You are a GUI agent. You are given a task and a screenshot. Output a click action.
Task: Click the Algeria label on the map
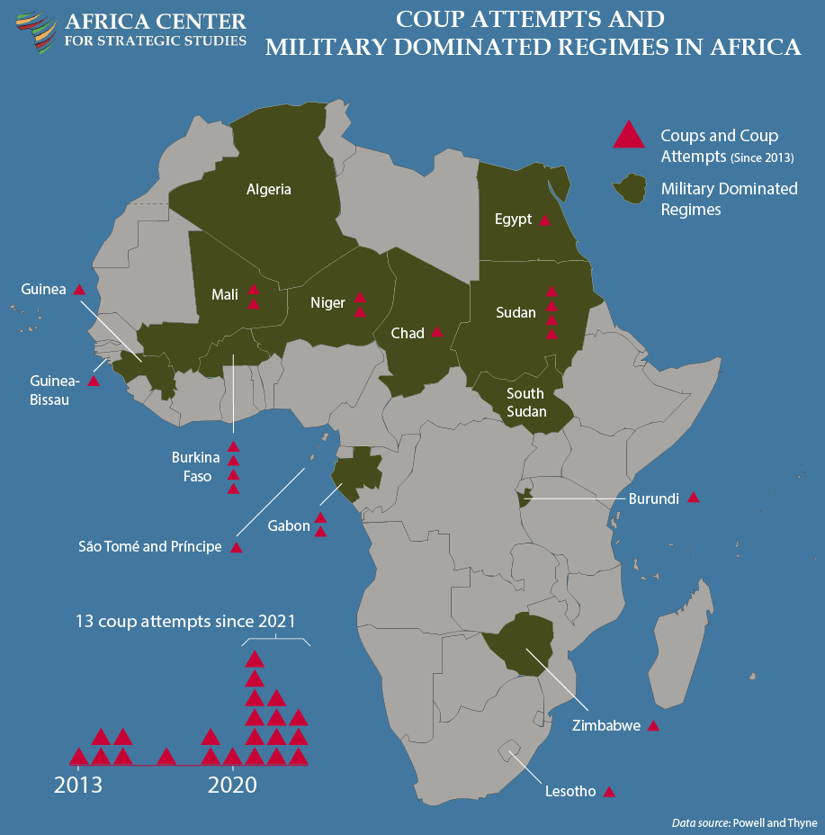tap(269, 189)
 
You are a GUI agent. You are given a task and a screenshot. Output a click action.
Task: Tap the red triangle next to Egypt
tap(544, 220)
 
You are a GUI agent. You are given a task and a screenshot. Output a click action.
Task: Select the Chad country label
tap(408, 333)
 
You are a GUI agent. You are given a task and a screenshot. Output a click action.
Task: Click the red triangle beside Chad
tap(436, 332)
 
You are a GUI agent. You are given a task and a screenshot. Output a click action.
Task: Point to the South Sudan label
tap(525, 402)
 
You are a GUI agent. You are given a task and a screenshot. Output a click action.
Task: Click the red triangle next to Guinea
tap(79, 290)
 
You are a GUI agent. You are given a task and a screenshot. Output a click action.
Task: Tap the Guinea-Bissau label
tap(55, 391)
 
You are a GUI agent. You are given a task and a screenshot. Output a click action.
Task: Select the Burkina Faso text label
tap(196, 467)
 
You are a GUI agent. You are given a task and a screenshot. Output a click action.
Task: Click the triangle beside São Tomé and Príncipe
tap(237, 547)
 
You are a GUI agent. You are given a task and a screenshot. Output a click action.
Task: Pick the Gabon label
tap(289, 525)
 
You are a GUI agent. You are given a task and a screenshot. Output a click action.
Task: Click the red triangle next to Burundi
tap(693, 498)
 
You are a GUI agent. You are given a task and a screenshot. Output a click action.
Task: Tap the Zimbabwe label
tap(606, 724)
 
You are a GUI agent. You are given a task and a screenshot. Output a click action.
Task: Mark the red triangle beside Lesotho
tap(609, 792)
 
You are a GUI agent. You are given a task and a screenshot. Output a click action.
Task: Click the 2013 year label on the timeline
tap(78, 785)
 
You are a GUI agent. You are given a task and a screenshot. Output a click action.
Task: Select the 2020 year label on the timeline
tap(232, 785)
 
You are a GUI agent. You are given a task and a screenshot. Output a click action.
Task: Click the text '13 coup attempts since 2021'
tap(185, 621)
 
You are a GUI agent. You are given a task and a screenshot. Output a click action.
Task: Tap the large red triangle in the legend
tap(628, 135)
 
